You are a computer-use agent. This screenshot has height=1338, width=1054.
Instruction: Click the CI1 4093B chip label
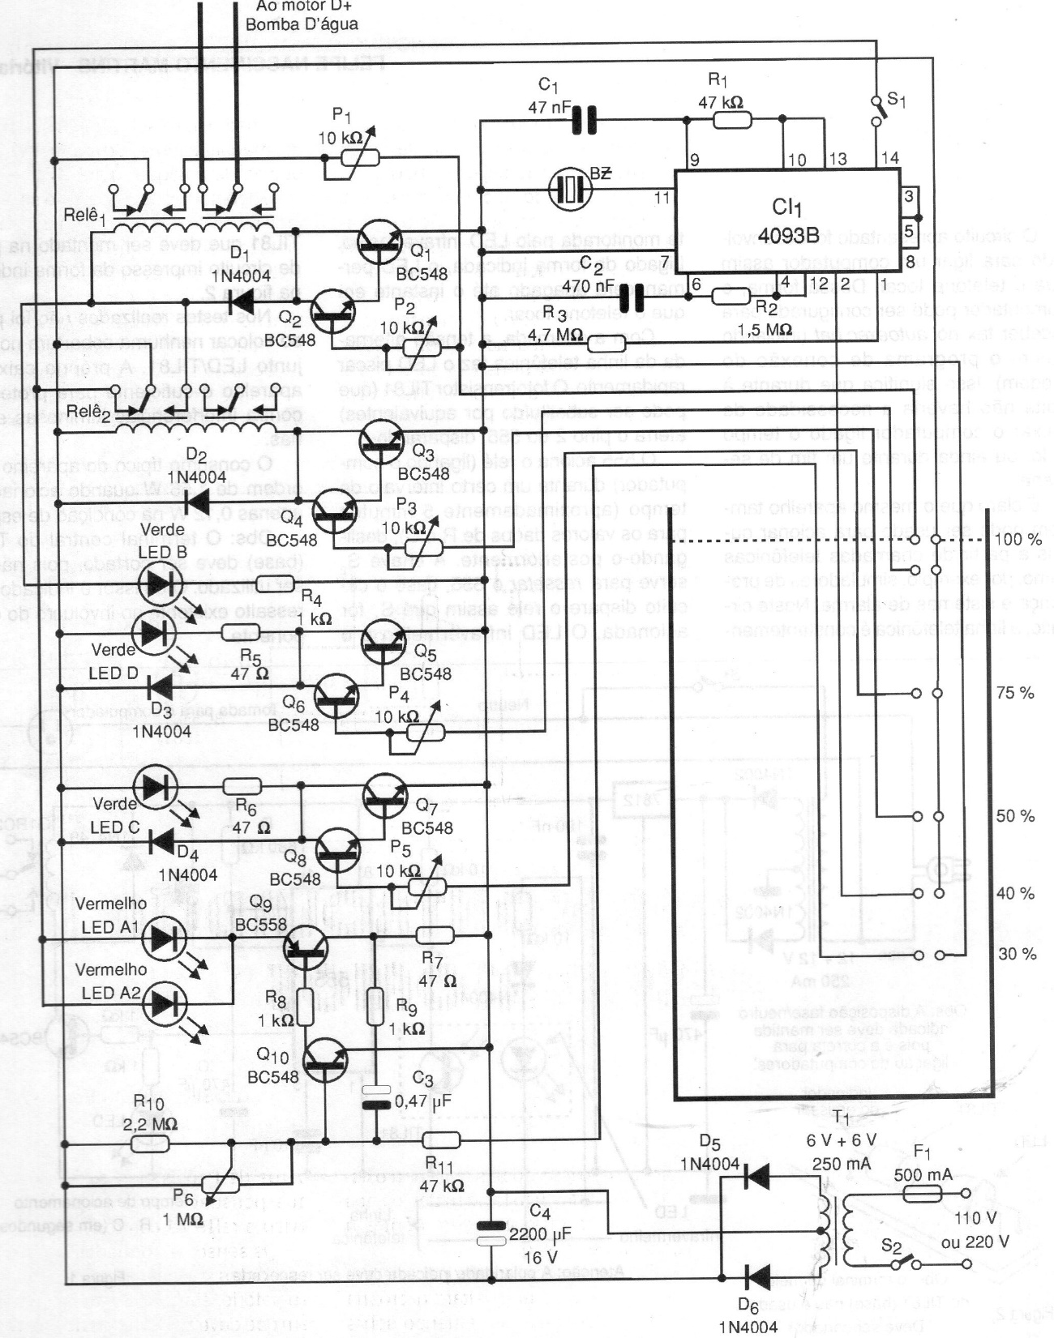[787, 220]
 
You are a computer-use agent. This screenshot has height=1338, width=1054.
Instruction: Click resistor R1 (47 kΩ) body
[732, 121]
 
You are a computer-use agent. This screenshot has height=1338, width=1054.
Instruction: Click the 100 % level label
[1018, 539]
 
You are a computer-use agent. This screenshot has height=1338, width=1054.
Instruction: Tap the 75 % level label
[1015, 693]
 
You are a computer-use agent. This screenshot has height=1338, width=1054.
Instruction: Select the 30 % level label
[1017, 954]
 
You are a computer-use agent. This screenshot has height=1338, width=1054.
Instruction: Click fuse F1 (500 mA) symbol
[922, 1193]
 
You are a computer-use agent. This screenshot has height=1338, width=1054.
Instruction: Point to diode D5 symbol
[756, 1175]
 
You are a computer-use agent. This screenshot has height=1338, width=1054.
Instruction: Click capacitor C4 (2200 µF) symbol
[491, 1233]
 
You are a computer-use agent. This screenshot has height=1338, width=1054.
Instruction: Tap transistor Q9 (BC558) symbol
[306, 947]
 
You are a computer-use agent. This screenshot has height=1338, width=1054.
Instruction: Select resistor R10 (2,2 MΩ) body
[149, 1143]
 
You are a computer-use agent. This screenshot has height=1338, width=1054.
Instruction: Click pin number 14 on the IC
[889, 158]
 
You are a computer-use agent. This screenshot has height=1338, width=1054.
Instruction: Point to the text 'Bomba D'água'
[302, 24]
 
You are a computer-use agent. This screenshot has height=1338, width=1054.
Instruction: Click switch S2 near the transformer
[912, 1262]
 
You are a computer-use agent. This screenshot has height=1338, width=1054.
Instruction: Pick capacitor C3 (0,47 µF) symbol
[376, 1096]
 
